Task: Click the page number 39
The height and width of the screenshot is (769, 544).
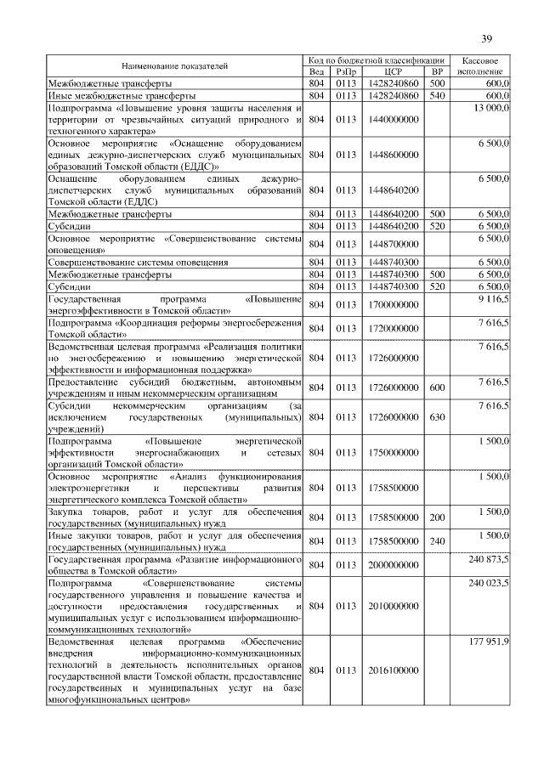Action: [x=487, y=37]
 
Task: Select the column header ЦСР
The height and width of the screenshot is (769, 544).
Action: [x=393, y=72]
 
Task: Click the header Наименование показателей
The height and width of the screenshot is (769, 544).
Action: [x=174, y=66]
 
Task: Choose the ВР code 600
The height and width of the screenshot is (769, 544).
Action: [x=438, y=388]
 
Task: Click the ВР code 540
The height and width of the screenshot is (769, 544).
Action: [x=438, y=96]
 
